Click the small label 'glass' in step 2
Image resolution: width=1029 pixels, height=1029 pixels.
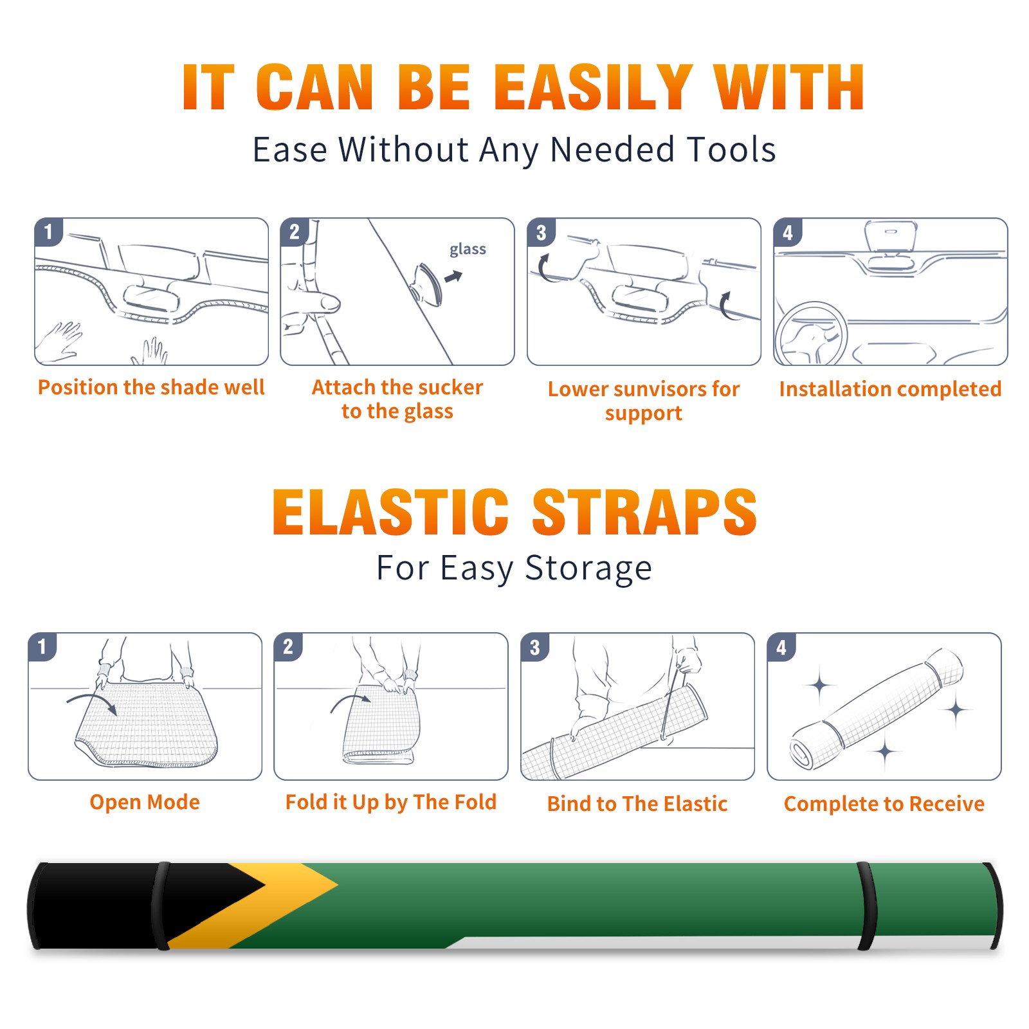click(x=468, y=250)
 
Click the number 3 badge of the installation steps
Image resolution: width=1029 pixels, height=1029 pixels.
click(x=541, y=232)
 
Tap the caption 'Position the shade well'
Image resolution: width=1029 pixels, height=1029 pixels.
click(x=151, y=387)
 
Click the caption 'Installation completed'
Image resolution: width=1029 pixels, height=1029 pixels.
click(x=890, y=389)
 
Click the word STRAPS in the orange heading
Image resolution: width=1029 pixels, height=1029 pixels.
click(x=644, y=512)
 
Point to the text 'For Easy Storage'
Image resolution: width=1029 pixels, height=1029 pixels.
click(x=514, y=569)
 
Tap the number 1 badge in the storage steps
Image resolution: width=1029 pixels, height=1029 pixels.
click(x=42, y=647)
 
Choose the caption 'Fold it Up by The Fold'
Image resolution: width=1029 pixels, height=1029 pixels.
click(x=391, y=803)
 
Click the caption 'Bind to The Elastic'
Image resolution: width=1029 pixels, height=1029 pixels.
click(x=637, y=804)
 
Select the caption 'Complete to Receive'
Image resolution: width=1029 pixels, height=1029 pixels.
click(x=884, y=804)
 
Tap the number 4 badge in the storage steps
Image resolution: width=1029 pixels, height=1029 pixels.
click(x=781, y=647)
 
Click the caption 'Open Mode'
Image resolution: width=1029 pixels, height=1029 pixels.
click(x=145, y=803)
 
